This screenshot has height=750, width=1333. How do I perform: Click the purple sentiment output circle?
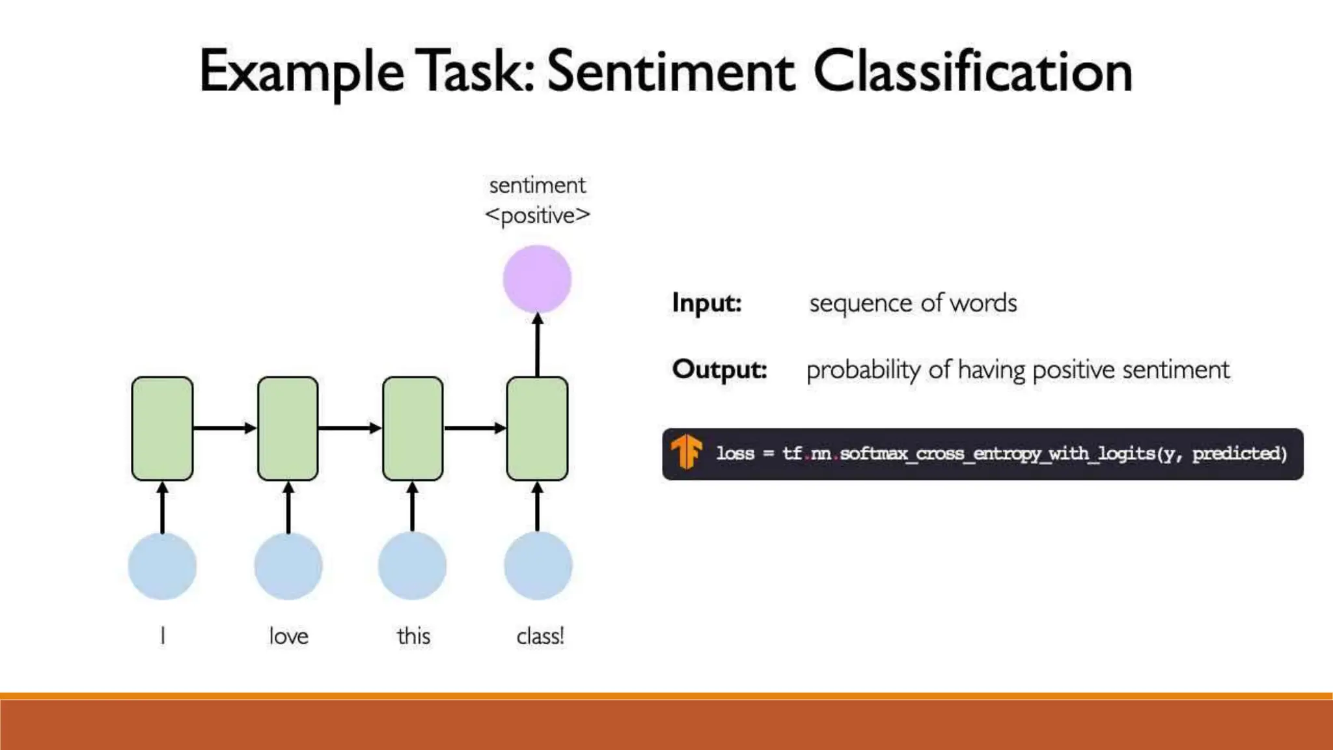[537, 279]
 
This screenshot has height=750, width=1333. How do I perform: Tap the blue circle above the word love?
[288, 566]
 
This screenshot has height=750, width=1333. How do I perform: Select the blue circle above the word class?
[538, 566]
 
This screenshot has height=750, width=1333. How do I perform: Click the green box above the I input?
[162, 428]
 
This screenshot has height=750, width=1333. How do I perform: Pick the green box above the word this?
[413, 428]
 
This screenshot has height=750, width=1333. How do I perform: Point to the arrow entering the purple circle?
[538, 345]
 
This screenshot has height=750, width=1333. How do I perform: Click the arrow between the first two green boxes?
[225, 428]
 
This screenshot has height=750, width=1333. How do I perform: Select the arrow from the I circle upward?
[163, 508]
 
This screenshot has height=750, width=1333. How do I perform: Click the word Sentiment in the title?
[670, 72]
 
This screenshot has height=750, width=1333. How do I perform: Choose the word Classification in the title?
[973, 72]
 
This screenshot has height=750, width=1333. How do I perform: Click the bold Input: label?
[707, 303]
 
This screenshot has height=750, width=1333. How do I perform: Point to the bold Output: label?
[720, 369]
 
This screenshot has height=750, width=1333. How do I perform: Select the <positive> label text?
[538, 215]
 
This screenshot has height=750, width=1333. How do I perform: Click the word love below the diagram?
[288, 636]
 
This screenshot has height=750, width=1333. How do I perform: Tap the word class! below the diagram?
[540, 636]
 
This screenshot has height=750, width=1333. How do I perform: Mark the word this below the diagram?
[413, 636]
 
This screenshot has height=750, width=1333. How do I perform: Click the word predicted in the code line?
[1237, 453]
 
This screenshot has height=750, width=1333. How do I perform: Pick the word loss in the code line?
[735, 453]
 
